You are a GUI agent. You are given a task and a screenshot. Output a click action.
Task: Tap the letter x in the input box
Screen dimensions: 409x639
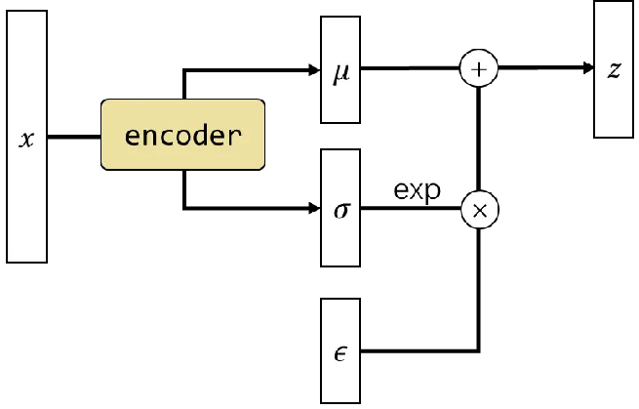(27, 139)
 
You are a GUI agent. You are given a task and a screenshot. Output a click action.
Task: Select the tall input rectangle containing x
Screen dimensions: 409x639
(27, 195)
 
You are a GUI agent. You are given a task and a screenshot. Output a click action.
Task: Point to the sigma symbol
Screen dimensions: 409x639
(340, 209)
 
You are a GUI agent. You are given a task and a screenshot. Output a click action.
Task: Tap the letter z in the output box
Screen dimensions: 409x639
(614, 71)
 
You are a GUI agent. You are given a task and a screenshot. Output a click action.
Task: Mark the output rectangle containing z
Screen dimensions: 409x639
(614, 107)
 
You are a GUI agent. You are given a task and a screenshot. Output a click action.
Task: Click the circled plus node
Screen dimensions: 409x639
(478, 69)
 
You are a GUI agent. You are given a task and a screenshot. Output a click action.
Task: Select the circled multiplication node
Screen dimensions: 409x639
(478, 209)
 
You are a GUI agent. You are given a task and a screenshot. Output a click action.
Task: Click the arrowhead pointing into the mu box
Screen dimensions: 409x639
(314, 69)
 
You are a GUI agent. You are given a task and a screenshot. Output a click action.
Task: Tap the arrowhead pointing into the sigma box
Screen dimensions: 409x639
(314, 209)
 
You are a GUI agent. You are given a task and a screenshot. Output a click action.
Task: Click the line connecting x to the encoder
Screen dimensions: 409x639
(74, 138)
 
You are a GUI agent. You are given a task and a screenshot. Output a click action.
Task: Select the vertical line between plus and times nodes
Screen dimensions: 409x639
(478, 139)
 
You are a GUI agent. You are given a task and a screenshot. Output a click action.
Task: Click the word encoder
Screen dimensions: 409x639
(182, 135)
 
